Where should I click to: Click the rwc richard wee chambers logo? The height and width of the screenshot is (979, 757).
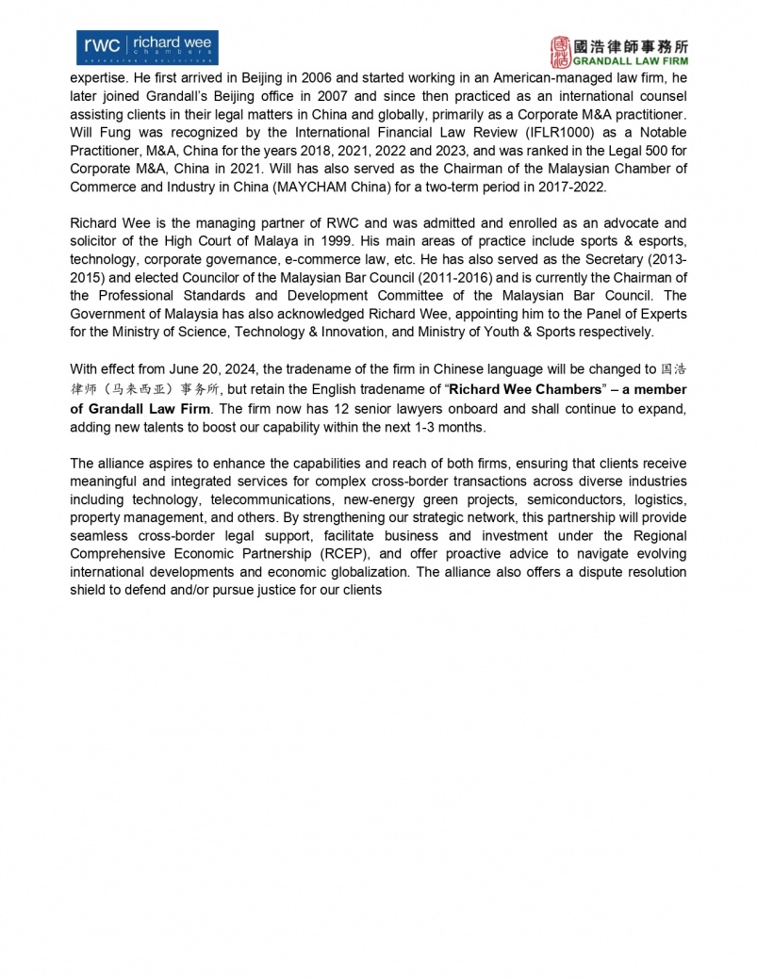click(146, 48)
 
